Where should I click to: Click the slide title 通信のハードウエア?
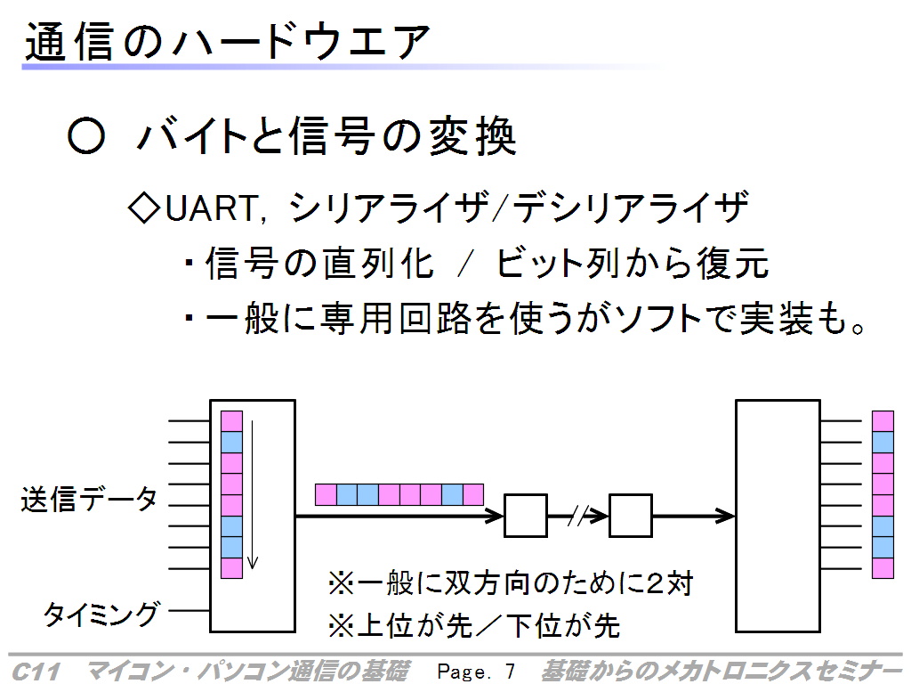[x=227, y=42]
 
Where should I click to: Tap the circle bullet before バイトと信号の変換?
[x=86, y=136]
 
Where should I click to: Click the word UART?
[x=211, y=208]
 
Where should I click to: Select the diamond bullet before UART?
[x=145, y=208]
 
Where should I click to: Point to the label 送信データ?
[x=89, y=499]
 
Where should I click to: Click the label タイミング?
[x=101, y=613]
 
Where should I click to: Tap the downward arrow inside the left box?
[x=252, y=494]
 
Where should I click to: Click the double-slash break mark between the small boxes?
[x=577, y=516]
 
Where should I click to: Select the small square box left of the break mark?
[x=525, y=516]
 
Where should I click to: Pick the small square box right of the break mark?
[x=631, y=516]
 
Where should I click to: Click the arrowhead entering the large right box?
[x=725, y=516]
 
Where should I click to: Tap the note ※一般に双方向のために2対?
[x=511, y=583]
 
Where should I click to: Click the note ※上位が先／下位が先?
[x=474, y=626]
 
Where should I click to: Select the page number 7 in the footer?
[x=510, y=672]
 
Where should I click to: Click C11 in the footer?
[x=36, y=672]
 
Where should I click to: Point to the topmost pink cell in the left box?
[x=232, y=421]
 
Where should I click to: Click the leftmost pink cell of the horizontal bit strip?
[x=326, y=494]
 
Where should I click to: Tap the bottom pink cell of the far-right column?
[x=883, y=567]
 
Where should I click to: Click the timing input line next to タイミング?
[x=189, y=611]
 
